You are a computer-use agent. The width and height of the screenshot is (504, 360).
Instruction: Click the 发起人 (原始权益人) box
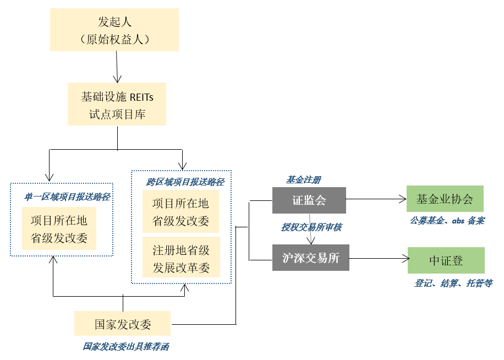(x=114, y=30)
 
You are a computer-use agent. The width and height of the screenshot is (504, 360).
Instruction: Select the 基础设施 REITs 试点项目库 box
(x=117, y=103)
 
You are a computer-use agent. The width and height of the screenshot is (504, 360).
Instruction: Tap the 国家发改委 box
(x=122, y=324)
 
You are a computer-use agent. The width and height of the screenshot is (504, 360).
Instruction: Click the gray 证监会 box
(x=309, y=200)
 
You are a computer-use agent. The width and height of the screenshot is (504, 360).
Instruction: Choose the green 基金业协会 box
(x=445, y=199)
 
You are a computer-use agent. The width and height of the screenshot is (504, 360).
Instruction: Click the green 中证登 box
(x=446, y=260)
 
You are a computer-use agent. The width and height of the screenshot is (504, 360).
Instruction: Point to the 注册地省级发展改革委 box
(x=181, y=257)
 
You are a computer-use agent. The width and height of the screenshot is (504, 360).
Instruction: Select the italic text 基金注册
(x=303, y=180)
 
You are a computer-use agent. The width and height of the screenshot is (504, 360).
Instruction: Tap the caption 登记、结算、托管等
(x=453, y=283)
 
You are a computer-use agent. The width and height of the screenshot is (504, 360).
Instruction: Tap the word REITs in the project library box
(x=141, y=97)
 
